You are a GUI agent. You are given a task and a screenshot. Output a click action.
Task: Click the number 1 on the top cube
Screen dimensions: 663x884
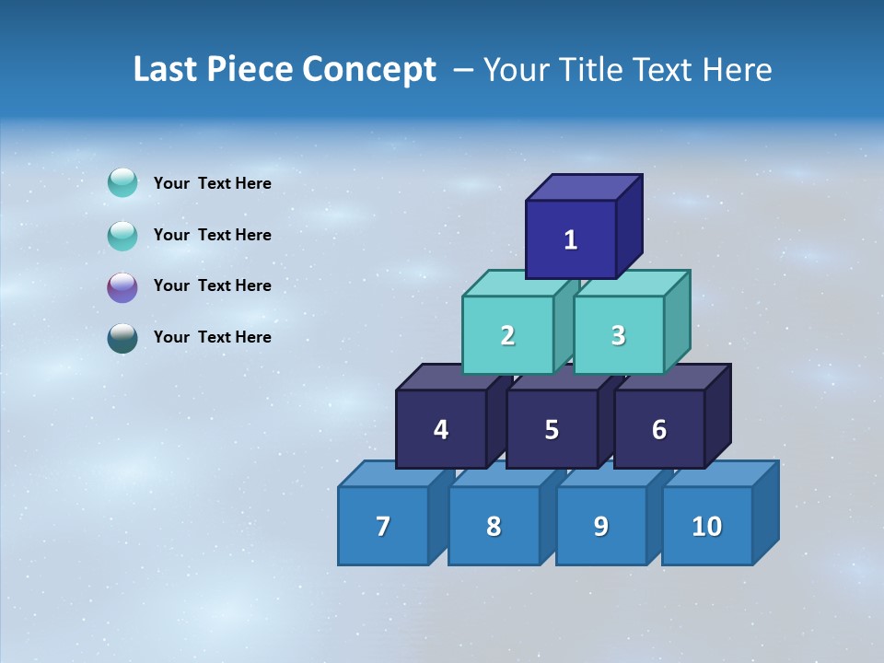[x=571, y=240]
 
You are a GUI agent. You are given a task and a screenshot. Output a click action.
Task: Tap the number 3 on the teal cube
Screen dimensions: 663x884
[x=618, y=335]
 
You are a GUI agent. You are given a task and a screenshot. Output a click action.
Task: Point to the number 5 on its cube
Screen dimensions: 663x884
[x=552, y=430]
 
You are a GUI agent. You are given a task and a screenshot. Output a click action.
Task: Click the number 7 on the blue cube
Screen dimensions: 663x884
[x=383, y=527]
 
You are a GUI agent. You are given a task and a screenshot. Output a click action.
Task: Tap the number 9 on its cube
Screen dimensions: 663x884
[x=600, y=527]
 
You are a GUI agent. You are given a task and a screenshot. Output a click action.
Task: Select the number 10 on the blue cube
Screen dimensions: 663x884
[x=707, y=527]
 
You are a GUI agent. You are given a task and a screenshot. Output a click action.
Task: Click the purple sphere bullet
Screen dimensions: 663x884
[x=122, y=286]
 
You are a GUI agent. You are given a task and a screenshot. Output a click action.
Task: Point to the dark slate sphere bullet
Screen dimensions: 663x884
[x=122, y=338]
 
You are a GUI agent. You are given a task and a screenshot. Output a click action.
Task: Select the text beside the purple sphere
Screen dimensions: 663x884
[x=212, y=285]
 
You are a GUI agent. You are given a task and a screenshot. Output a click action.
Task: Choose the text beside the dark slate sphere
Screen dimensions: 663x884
[x=212, y=337]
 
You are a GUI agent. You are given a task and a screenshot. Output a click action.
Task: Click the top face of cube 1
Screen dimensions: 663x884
[x=584, y=187]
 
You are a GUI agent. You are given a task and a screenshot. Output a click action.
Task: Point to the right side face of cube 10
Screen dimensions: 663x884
[x=766, y=512]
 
